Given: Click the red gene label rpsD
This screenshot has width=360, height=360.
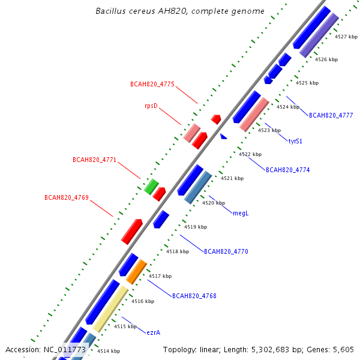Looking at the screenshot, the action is (x=151, y=106).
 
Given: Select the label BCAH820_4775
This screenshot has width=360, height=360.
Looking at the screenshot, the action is (x=152, y=84).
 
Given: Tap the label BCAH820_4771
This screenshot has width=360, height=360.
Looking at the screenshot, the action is (x=95, y=160).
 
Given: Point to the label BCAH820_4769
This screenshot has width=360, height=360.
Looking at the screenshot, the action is (x=67, y=197).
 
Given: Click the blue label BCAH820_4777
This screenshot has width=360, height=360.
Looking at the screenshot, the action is (x=331, y=115).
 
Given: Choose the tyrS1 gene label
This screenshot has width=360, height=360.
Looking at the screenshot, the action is (x=295, y=141).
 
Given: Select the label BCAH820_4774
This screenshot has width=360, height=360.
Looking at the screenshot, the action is (x=287, y=170).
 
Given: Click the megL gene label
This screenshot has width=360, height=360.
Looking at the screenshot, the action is (x=241, y=213).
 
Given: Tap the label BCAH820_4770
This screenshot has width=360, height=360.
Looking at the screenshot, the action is (x=226, y=251).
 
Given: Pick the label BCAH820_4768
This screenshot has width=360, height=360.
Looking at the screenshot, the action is (x=194, y=296).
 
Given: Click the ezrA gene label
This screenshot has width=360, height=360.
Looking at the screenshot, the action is (x=154, y=332).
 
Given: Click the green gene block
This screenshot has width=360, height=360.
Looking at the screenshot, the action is (x=151, y=187).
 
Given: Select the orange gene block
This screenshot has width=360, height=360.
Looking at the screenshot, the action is (x=136, y=272).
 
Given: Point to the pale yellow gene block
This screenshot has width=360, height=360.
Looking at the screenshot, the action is (x=110, y=309).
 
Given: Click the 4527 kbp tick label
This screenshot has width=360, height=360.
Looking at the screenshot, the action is (x=346, y=37).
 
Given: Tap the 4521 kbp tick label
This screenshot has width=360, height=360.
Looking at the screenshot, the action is (x=232, y=178).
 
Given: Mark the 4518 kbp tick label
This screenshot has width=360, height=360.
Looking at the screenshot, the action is (x=178, y=251).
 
